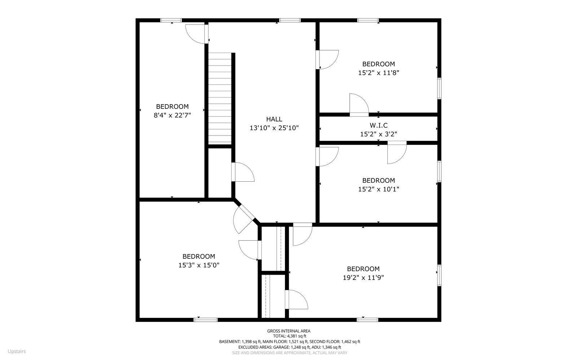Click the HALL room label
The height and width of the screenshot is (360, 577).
tap(274, 119)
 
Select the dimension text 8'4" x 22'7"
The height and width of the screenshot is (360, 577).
tap(172, 115)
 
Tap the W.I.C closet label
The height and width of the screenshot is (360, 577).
tap(378, 125)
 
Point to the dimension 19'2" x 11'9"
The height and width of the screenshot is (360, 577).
tap(363, 277)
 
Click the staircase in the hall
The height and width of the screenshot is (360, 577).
tap(220, 98)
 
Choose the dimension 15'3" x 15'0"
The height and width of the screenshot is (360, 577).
tap(199, 265)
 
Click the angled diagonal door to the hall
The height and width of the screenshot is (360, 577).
tap(245, 218)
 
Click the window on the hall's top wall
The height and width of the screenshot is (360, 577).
tap(290, 20)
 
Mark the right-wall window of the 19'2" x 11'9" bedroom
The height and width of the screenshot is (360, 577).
tap(439, 275)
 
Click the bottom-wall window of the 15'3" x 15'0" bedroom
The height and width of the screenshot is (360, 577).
tap(206, 319)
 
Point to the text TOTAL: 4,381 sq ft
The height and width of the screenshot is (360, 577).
tap(288, 336)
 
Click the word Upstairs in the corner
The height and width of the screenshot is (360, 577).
tap(17, 351)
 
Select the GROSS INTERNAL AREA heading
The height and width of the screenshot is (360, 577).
tap(288, 331)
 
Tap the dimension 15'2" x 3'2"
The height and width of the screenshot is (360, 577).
tap(378, 134)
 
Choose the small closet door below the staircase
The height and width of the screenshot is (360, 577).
tap(242, 172)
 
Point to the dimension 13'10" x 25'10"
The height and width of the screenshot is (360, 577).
tap(274, 128)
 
